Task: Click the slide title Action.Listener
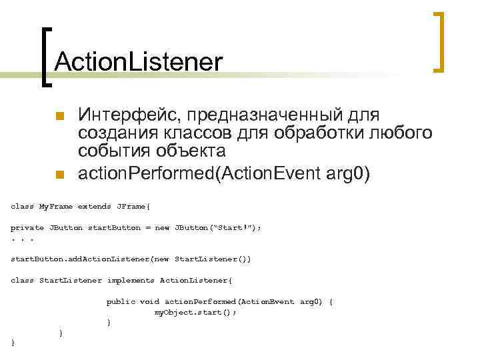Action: click(x=139, y=62)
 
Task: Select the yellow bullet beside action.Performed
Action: click(x=59, y=175)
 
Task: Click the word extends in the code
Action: click(x=95, y=206)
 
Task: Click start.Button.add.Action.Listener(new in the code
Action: click(x=90, y=259)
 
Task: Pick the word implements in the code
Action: click(x=131, y=281)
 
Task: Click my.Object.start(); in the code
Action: click(x=195, y=312)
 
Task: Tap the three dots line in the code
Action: click(x=22, y=238)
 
